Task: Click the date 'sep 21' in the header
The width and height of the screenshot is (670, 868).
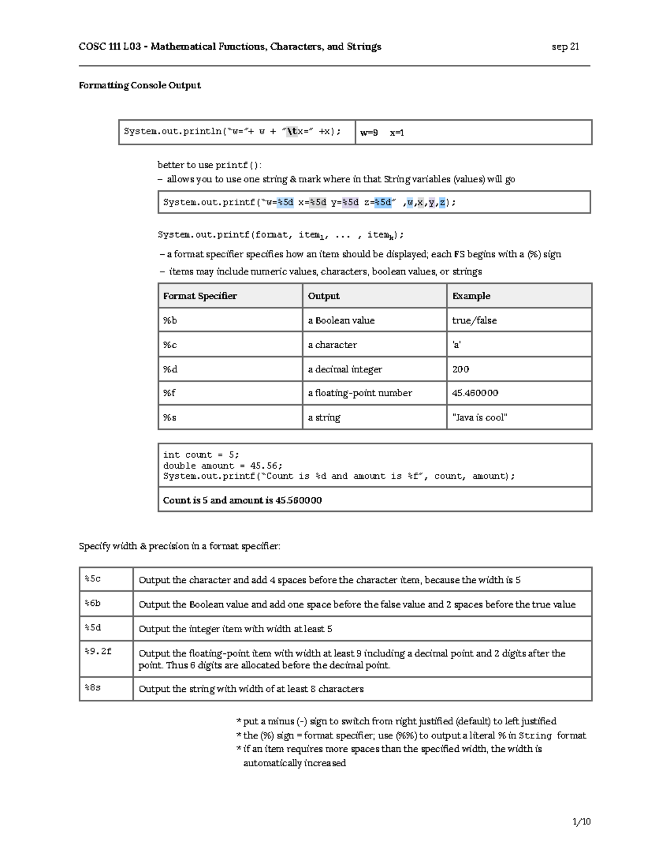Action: (x=565, y=47)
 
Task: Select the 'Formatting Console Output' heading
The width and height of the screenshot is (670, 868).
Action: (x=140, y=86)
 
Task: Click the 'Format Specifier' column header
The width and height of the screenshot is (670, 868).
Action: (x=200, y=296)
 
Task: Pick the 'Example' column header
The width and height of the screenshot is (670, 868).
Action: (x=471, y=296)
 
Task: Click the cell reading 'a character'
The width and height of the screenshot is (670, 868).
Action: (x=332, y=345)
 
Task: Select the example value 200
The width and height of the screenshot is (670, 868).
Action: (x=461, y=369)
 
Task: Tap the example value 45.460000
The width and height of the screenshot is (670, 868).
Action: (x=475, y=393)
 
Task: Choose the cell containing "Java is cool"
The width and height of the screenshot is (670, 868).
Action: (x=480, y=418)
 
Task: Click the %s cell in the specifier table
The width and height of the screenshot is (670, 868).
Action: (x=170, y=418)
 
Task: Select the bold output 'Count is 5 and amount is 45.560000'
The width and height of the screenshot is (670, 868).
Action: (x=242, y=500)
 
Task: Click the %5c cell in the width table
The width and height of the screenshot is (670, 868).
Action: (x=93, y=579)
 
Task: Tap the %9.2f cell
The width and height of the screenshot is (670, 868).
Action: (x=98, y=651)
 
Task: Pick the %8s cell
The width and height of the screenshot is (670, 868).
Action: (x=93, y=688)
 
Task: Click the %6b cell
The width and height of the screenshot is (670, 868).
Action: (x=93, y=604)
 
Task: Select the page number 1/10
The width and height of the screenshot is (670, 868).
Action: (x=581, y=822)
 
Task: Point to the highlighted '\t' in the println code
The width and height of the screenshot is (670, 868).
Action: (x=292, y=132)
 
